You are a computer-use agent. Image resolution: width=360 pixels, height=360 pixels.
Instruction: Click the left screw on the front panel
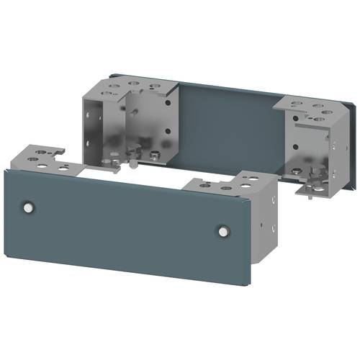pyautogui.click(x=28, y=207)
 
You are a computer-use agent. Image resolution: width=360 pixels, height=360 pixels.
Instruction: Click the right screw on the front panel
pyautogui.click(x=222, y=232)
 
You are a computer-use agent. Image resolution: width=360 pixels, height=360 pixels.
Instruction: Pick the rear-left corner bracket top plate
pyautogui.click(x=130, y=89)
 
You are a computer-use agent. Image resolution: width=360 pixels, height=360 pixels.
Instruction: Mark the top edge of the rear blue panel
pyautogui.click(x=230, y=89)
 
